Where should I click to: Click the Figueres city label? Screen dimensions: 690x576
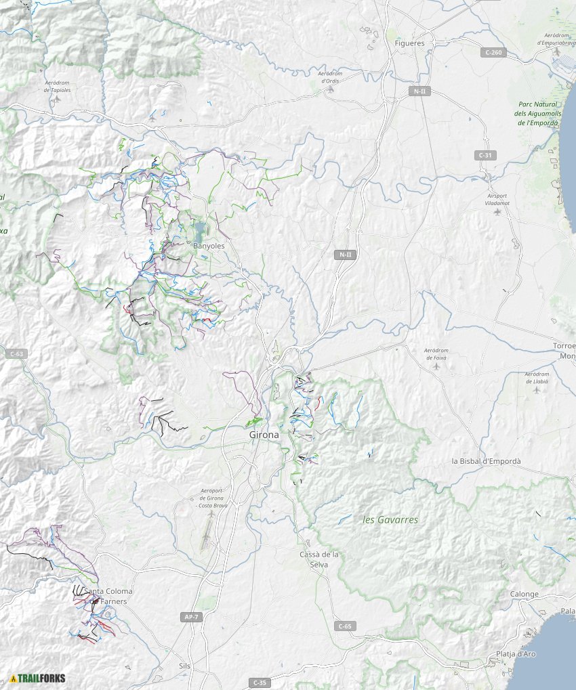point(409,43)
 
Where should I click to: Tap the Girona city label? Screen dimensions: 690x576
point(264,435)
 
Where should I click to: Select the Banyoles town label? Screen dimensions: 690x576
point(209,246)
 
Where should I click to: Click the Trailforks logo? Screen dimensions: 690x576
point(37,678)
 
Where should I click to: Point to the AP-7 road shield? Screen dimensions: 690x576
point(192,617)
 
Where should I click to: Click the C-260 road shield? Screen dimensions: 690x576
point(493,52)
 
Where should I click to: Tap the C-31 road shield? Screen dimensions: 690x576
point(485,155)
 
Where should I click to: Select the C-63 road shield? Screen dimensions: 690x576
point(16,353)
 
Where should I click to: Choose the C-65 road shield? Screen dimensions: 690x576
point(345,626)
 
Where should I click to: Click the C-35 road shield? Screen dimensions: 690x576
point(258,682)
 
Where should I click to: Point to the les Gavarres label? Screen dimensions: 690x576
point(391,520)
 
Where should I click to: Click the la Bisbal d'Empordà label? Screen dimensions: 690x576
point(487,461)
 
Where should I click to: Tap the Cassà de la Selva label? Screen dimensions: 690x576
point(318,559)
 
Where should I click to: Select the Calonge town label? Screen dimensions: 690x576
point(524,595)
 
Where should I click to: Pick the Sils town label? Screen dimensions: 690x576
point(184,666)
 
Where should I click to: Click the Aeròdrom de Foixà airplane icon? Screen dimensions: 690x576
point(436,366)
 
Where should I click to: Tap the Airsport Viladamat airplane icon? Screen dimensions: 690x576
point(498,212)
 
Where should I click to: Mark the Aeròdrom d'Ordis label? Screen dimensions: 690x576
point(329,77)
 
